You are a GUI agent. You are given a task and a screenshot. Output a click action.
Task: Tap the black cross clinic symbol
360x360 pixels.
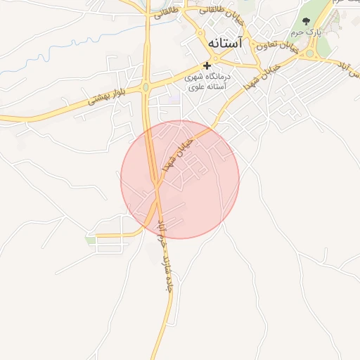tap(207, 65)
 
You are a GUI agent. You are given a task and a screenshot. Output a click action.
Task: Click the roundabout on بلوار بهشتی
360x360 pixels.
tap(145, 87)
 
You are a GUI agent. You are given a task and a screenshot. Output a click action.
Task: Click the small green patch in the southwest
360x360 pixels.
tap(91, 240)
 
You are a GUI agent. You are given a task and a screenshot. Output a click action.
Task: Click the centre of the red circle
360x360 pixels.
tap(180, 179)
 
